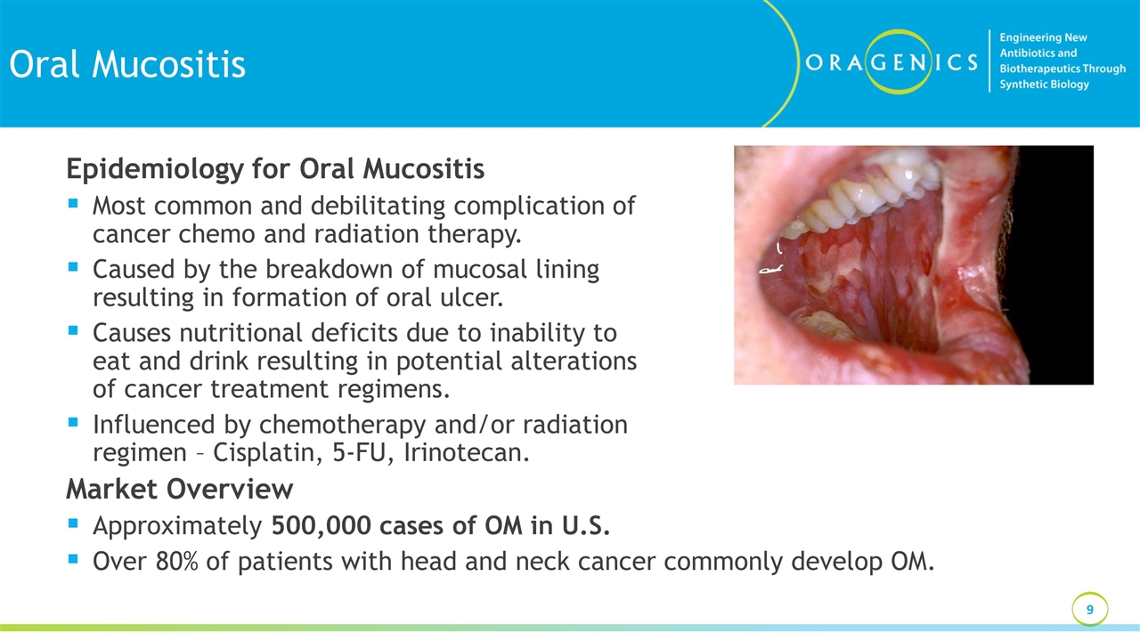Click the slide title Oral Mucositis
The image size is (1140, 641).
(126, 64)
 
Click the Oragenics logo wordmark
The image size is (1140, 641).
(891, 62)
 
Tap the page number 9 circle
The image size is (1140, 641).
(1089, 610)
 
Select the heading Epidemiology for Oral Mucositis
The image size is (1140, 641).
(275, 168)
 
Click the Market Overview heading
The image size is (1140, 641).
(179, 489)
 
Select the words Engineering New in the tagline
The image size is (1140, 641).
(1043, 37)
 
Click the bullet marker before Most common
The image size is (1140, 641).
(72, 204)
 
